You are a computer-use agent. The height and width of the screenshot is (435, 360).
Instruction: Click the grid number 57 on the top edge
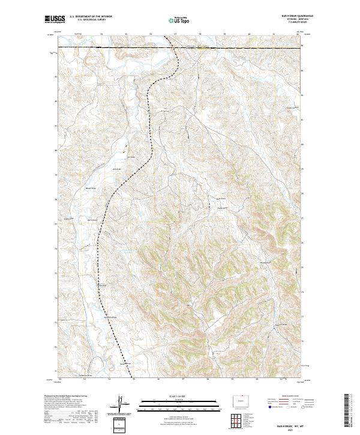click(175, 34)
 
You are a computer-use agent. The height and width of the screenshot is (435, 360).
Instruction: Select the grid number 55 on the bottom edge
click(134, 379)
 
